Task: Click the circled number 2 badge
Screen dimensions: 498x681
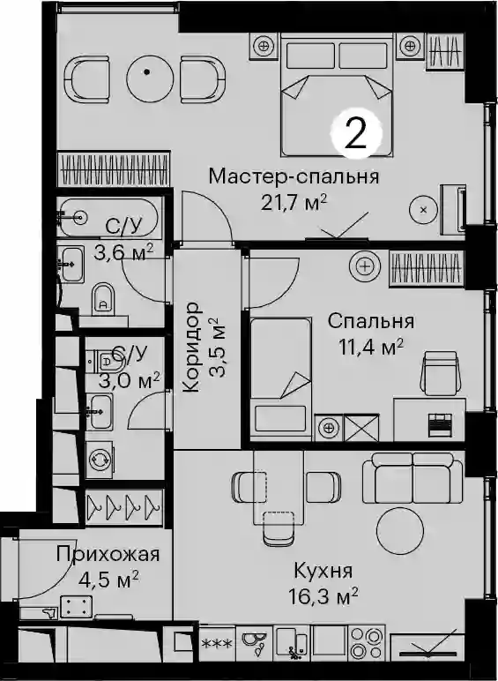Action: [356, 132]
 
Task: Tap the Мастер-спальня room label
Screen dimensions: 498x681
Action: [294, 176]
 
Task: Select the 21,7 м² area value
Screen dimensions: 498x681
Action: [294, 202]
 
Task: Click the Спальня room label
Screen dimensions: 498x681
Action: [371, 321]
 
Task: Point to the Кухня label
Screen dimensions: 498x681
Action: [323, 571]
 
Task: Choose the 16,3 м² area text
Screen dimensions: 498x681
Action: [323, 596]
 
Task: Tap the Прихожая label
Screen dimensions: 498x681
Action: [108, 554]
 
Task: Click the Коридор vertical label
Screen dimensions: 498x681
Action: [191, 348]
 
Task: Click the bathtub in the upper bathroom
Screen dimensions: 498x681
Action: [108, 217]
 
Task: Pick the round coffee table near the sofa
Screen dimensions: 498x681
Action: [400, 530]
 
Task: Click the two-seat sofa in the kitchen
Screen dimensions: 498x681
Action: [413, 478]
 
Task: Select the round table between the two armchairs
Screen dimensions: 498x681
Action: [146, 79]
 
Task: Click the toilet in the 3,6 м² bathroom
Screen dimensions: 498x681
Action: [103, 298]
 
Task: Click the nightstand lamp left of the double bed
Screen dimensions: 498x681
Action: [264, 45]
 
